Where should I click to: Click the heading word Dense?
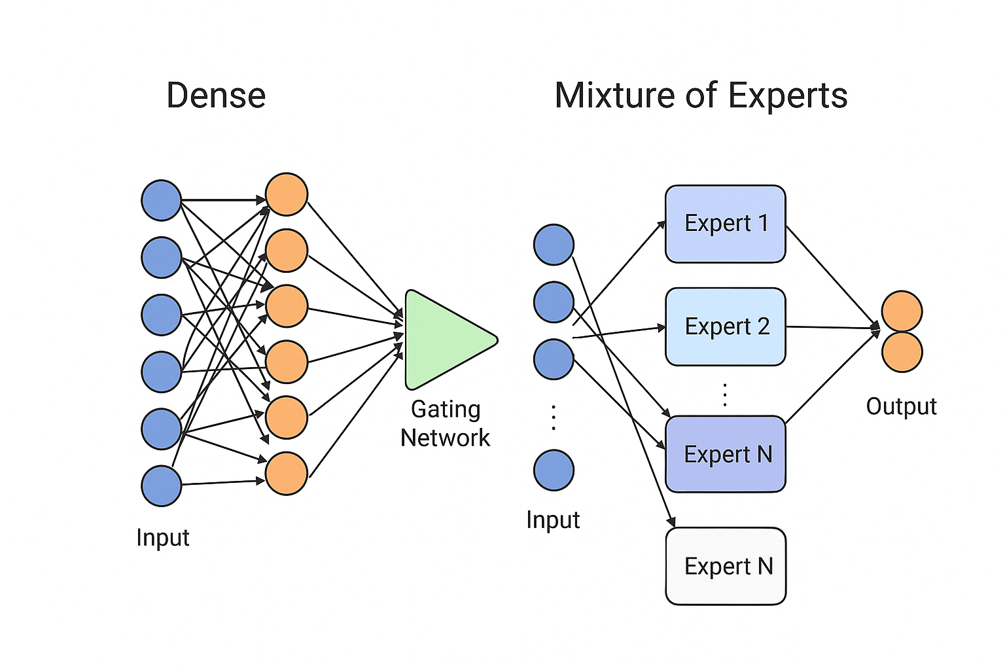point(216,96)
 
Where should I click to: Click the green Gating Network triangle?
point(442,340)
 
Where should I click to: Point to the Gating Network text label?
point(446,423)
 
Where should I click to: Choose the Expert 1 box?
point(725,224)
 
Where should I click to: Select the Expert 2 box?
point(725,326)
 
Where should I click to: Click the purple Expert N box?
point(725,454)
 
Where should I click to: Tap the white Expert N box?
point(726,566)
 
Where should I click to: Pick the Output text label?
point(901,406)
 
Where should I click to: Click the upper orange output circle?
point(902,311)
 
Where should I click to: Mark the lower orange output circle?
point(902,352)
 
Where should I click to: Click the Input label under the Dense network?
point(163,538)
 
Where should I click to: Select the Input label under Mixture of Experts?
point(553,520)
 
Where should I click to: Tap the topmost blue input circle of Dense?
point(162,200)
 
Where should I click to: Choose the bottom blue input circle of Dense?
point(162,486)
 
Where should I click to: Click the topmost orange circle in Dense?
point(286,194)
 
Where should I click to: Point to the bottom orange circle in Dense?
point(286,473)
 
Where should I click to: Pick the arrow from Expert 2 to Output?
point(831,327)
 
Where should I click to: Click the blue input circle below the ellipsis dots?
point(554,470)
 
